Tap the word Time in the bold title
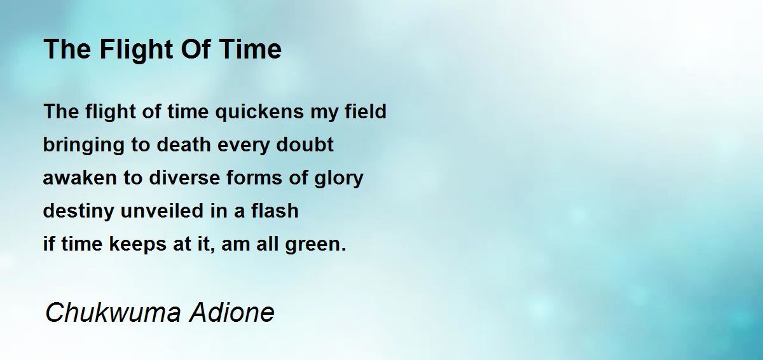tap(251, 49)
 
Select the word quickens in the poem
tap(259, 112)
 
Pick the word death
tap(184, 144)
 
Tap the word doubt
tap(305, 144)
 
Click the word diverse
tap(184, 178)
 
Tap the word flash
tap(275, 211)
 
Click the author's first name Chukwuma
tap(113, 312)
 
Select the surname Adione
tap(232, 312)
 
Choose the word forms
tap(254, 178)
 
